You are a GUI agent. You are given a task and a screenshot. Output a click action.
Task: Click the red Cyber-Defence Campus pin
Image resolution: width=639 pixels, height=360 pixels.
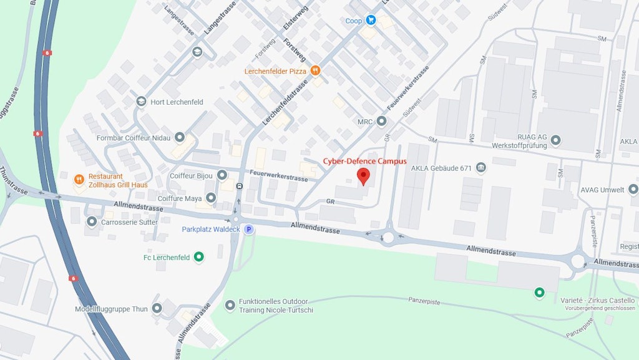point(363,176)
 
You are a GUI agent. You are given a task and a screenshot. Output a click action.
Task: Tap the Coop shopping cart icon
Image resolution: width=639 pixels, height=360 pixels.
point(371,20)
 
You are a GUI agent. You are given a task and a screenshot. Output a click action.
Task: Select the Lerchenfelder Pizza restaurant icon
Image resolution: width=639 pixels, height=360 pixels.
point(316,71)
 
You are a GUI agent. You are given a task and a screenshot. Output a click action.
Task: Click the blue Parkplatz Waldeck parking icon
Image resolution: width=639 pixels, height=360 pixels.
point(248,230)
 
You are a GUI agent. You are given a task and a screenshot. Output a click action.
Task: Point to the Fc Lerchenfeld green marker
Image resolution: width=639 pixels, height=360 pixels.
point(199,257)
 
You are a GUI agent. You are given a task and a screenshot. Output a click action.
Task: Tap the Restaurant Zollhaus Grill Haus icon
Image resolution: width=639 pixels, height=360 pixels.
point(79,180)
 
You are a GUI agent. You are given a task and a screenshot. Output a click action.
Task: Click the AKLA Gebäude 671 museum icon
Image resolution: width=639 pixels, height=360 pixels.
point(481,167)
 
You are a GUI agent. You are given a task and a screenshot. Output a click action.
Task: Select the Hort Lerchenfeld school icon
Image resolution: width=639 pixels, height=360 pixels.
point(142,102)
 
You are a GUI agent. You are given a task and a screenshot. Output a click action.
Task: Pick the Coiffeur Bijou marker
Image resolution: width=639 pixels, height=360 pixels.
point(222,175)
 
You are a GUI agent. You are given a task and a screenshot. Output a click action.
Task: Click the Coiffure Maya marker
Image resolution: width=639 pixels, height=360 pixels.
point(211,198)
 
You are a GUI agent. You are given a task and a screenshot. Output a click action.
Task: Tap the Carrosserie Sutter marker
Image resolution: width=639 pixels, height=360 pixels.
point(92,221)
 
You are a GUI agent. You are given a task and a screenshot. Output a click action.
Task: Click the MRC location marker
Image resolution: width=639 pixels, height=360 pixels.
point(381,120)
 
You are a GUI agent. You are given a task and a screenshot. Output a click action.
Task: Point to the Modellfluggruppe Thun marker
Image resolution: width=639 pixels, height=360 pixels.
point(157,308)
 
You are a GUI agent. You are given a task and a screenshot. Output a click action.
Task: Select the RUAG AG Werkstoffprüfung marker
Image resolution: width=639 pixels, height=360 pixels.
point(555,140)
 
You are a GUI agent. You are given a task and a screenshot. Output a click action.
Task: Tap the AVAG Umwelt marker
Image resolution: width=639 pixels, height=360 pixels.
point(633,188)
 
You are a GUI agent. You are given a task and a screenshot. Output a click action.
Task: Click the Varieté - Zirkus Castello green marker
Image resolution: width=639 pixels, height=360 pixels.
point(539,292)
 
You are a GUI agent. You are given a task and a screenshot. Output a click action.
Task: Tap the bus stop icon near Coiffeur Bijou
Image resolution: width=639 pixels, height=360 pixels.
point(240,186)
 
